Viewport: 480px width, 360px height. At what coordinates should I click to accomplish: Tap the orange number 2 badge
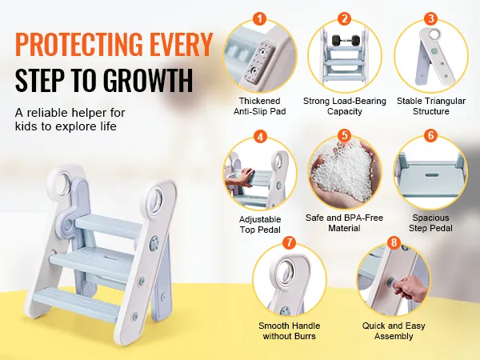pyautogui.click(x=345, y=18)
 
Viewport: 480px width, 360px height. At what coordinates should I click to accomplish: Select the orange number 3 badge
pyautogui.click(x=430, y=18)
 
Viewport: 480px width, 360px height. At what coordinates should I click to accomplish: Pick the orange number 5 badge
pyautogui.click(x=345, y=136)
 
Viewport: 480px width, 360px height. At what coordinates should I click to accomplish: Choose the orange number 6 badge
pyautogui.click(x=430, y=136)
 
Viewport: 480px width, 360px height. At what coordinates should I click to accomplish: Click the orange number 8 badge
pyautogui.click(x=393, y=242)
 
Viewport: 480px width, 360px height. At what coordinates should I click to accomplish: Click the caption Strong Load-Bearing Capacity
pyautogui.click(x=345, y=106)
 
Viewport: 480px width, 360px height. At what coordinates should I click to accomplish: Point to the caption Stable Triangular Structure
pyautogui.click(x=431, y=106)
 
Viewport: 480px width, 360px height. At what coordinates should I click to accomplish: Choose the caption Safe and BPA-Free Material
pyautogui.click(x=345, y=223)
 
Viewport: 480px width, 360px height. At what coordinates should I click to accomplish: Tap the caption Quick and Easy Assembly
pyautogui.click(x=393, y=331)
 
